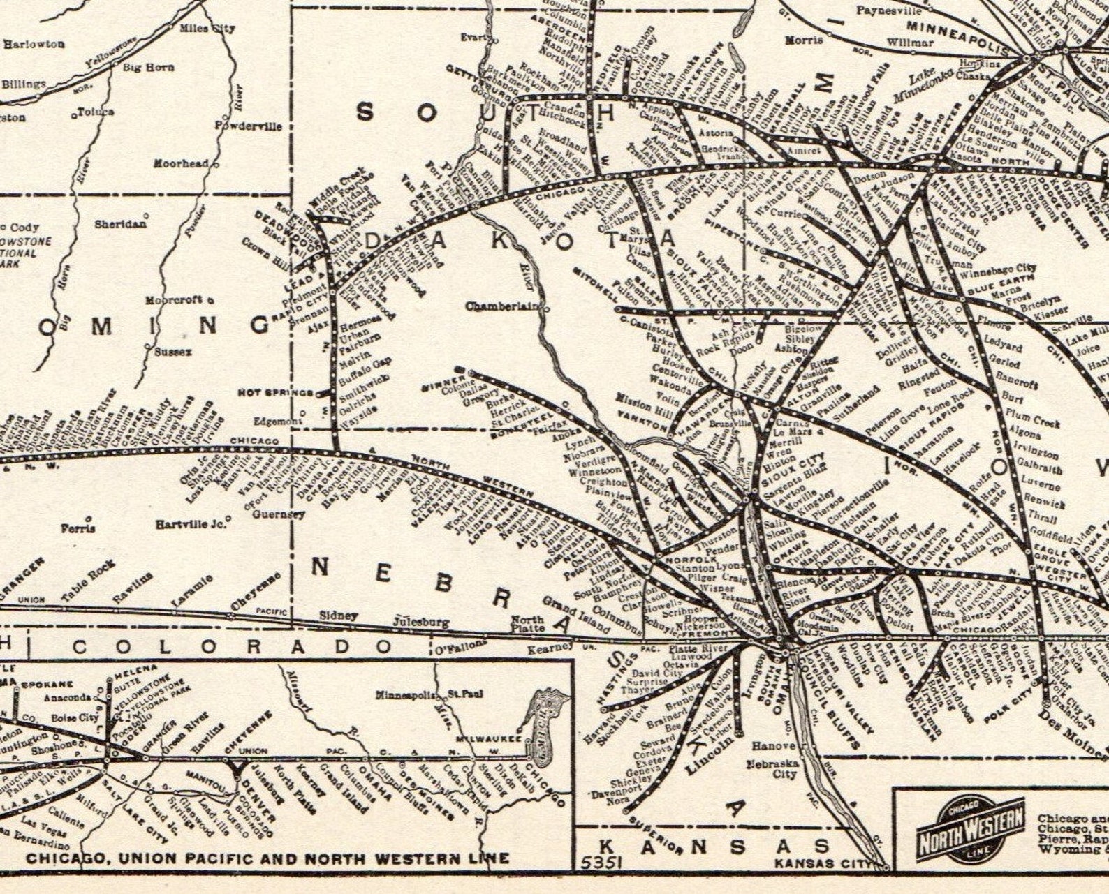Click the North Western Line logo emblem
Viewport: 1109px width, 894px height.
point(971,830)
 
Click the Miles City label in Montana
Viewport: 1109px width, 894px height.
point(207,29)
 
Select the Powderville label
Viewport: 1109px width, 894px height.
point(249,126)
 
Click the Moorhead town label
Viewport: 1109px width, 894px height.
point(182,163)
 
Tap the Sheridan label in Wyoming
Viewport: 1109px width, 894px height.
point(121,224)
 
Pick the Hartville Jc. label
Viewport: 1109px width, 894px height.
point(190,523)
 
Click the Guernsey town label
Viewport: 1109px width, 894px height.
point(279,514)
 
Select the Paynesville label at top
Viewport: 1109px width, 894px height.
point(889,10)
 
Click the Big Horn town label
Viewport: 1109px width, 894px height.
point(149,68)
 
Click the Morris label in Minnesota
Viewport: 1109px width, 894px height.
point(804,40)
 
